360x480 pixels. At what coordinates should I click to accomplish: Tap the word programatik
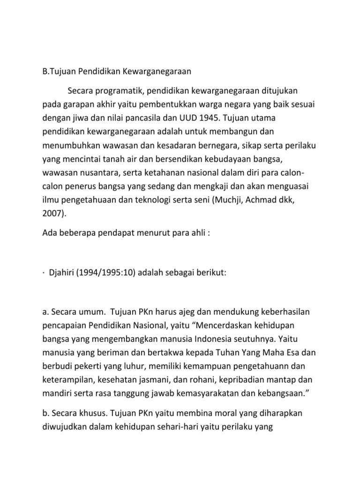124,89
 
